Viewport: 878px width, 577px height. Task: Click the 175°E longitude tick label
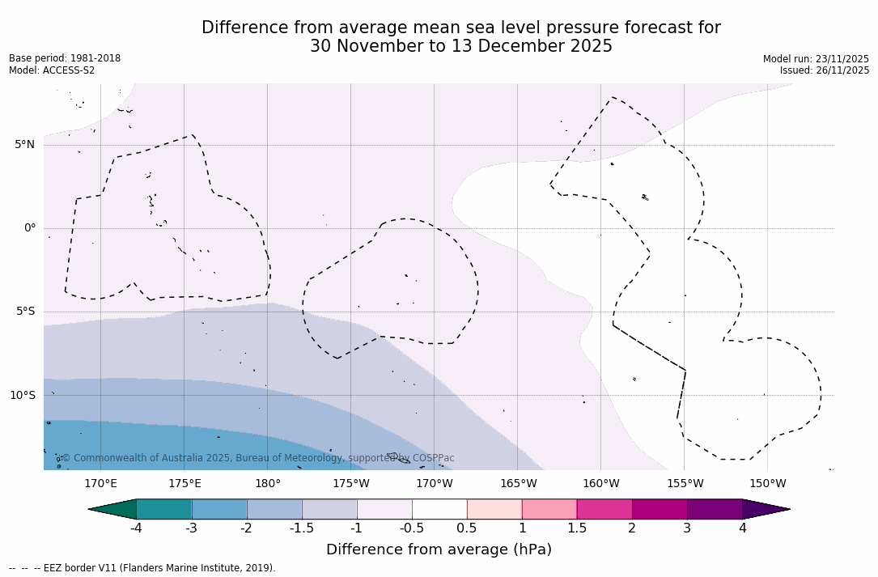[185, 484]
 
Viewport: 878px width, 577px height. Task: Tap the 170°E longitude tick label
[101, 484]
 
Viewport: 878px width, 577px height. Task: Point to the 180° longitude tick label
[268, 484]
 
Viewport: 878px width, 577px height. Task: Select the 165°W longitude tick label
[518, 484]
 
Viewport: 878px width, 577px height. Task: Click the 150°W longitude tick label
[767, 484]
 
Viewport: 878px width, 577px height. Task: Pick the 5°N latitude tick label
[25, 145]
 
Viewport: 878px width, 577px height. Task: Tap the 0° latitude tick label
[30, 228]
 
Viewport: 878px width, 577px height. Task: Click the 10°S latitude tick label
[23, 396]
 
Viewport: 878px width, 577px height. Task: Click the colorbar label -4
[137, 528]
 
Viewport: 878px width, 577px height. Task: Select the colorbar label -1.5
[302, 528]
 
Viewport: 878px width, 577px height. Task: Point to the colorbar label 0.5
[467, 528]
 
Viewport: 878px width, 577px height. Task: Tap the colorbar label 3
[687, 528]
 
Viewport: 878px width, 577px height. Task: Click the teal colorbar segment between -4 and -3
[164, 509]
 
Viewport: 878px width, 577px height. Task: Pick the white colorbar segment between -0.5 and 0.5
[439, 509]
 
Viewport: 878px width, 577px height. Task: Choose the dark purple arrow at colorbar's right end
[765, 509]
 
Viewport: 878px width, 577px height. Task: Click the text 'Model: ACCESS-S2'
[52, 70]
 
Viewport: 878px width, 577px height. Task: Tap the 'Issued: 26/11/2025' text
[825, 70]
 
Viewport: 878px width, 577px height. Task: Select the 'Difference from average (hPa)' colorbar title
[439, 550]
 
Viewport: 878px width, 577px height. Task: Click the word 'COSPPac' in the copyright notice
[434, 458]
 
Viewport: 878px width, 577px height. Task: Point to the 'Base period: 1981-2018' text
[65, 58]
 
